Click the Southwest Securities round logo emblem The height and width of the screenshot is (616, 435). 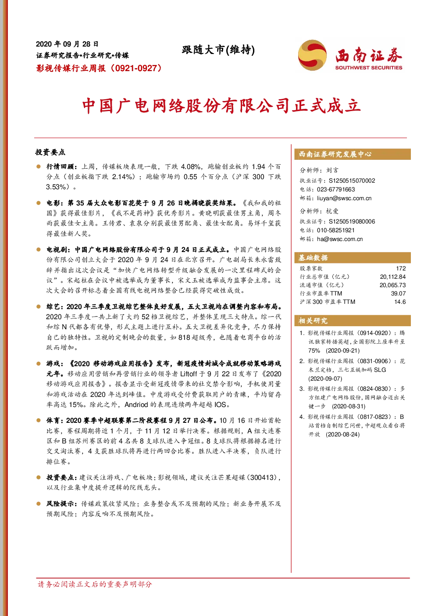pyautogui.click(x=312, y=55)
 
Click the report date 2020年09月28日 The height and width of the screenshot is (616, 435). pyautogui.click(x=67, y=44)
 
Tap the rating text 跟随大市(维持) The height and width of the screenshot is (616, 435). pyautogui.click(x=218, y=50)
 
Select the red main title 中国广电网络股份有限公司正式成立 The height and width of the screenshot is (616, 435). pyautogui.click(x=221, y=106)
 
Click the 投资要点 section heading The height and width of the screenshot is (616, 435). pyautogui.click(x=50, y=152)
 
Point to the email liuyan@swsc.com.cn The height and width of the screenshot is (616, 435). pyautogui.click(x=344, y=198)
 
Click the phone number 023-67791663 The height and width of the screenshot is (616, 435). pyautogui.click(x=336, y=190)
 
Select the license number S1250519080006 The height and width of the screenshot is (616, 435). pyautogui.click(x=352, y=221)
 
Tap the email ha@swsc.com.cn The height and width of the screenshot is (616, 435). pyautogui.click(x=340, y=239)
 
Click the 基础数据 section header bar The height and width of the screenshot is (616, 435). pyautogui.click(x=353, y=258)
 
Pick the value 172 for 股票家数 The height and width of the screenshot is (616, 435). pyautogui.click(x=401, y=268)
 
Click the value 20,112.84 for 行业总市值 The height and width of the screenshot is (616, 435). pyautogui.click(x=393, y=277)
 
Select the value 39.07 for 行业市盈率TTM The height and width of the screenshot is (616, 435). pyautogui.click(x=398, y=293)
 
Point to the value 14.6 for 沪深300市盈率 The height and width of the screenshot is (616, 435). pyautogui.click(x=400, y=302)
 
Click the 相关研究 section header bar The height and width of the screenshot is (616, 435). pyautogui.click(x=353, y=321)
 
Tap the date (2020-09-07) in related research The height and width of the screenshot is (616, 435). pyautogui.click(x=325, y=378)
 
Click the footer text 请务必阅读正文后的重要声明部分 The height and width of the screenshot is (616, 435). pyautogui.click(x=95, y=584)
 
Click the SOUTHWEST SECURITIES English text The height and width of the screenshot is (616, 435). pyautogui.click(x=368, y=68)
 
